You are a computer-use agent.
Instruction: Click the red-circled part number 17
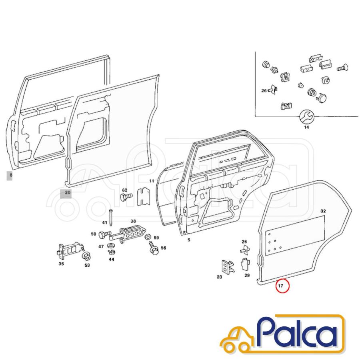(280, 286)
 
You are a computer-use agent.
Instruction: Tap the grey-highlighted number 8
(10, 176)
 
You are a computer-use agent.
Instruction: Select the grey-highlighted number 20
(66, 193)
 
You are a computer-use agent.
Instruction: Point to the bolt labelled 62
(126, 197)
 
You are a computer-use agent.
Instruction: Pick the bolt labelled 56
(153, 248)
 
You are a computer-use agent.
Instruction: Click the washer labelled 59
(148, 236)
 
